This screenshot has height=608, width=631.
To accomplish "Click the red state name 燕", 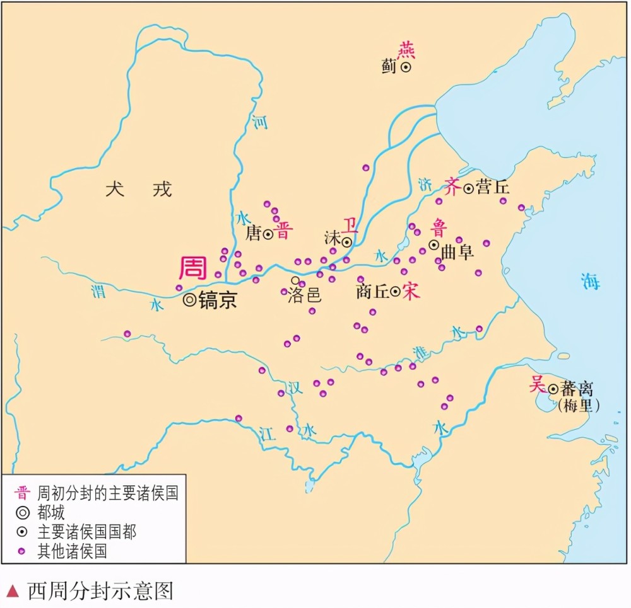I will pyautogui.click(x=406, y=49).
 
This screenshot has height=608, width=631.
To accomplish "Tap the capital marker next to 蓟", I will pyautogui.click(x=406, y=66).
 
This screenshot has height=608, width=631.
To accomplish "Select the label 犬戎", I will pyautogui.click(x=138, y=188).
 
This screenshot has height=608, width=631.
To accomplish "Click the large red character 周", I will pyautogui.click(x=193, y=268).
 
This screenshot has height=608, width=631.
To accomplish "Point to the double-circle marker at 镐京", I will pyautogui.click(x=189, y=300).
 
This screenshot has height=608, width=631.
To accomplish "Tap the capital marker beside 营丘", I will pyautogui.click(x=468, y=188).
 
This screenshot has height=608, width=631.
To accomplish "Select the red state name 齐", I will pyautogui.click(x=453, y=187).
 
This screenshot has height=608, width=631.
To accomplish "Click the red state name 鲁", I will pyautogui.click(x=439, y=227).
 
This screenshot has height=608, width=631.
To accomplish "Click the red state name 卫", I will pyautogui.click(x=350, y=225).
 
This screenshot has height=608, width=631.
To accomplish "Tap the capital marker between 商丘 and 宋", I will pyautogui.click(x=395, y=292).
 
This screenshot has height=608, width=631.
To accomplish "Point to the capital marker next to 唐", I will pyautogui.click(x=268, y=234).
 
